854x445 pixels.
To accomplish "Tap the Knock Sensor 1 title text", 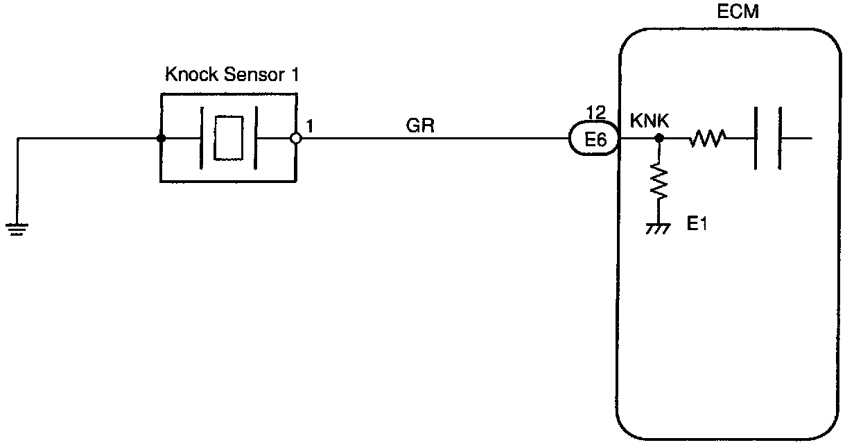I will coord(232,75).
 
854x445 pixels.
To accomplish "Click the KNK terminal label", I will coord(649,120).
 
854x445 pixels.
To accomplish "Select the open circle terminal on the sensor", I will coord(296,139).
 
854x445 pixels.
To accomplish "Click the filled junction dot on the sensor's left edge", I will coord(161,139).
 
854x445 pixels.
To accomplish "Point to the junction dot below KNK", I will coord(659,139).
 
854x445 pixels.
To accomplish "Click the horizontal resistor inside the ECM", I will coord(707,139).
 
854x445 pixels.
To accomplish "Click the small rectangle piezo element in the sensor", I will coord(229,139).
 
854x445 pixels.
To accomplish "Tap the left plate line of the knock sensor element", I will coord(201,139).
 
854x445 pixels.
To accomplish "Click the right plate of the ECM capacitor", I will coord(781,139).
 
